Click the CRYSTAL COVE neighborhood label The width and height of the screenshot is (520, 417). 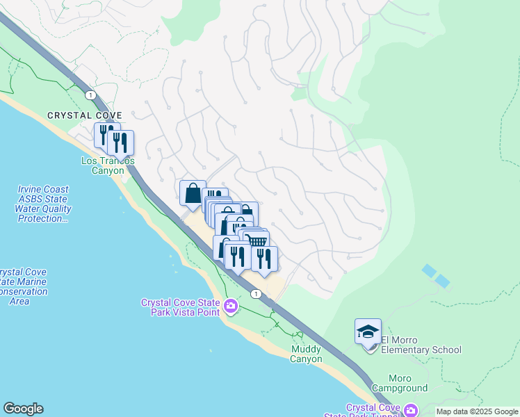[85, 115]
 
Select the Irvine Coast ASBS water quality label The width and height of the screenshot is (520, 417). [44, 204]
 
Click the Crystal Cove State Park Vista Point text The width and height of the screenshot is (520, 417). [180, 307]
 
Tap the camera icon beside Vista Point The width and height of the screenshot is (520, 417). [231, 304]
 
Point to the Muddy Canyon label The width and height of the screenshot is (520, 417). [306, 354]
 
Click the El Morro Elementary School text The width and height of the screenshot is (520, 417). [420, 345]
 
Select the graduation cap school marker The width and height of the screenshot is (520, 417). [368, 331]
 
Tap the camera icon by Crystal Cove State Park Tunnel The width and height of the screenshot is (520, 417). [410, 410]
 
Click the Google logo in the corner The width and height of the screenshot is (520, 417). [23, 409]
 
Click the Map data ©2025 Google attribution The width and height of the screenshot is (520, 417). [477, 411]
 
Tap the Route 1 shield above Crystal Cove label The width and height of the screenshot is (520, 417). [90, 94]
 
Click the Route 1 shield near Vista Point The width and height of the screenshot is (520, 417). [256, 294]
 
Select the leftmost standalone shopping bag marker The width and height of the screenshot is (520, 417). [193, 193]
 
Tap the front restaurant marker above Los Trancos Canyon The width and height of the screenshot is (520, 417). [121, 142]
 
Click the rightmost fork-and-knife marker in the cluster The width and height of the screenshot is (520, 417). [265, 258]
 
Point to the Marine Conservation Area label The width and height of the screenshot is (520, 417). [23, 287]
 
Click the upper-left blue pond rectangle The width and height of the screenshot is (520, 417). [429, 270]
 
